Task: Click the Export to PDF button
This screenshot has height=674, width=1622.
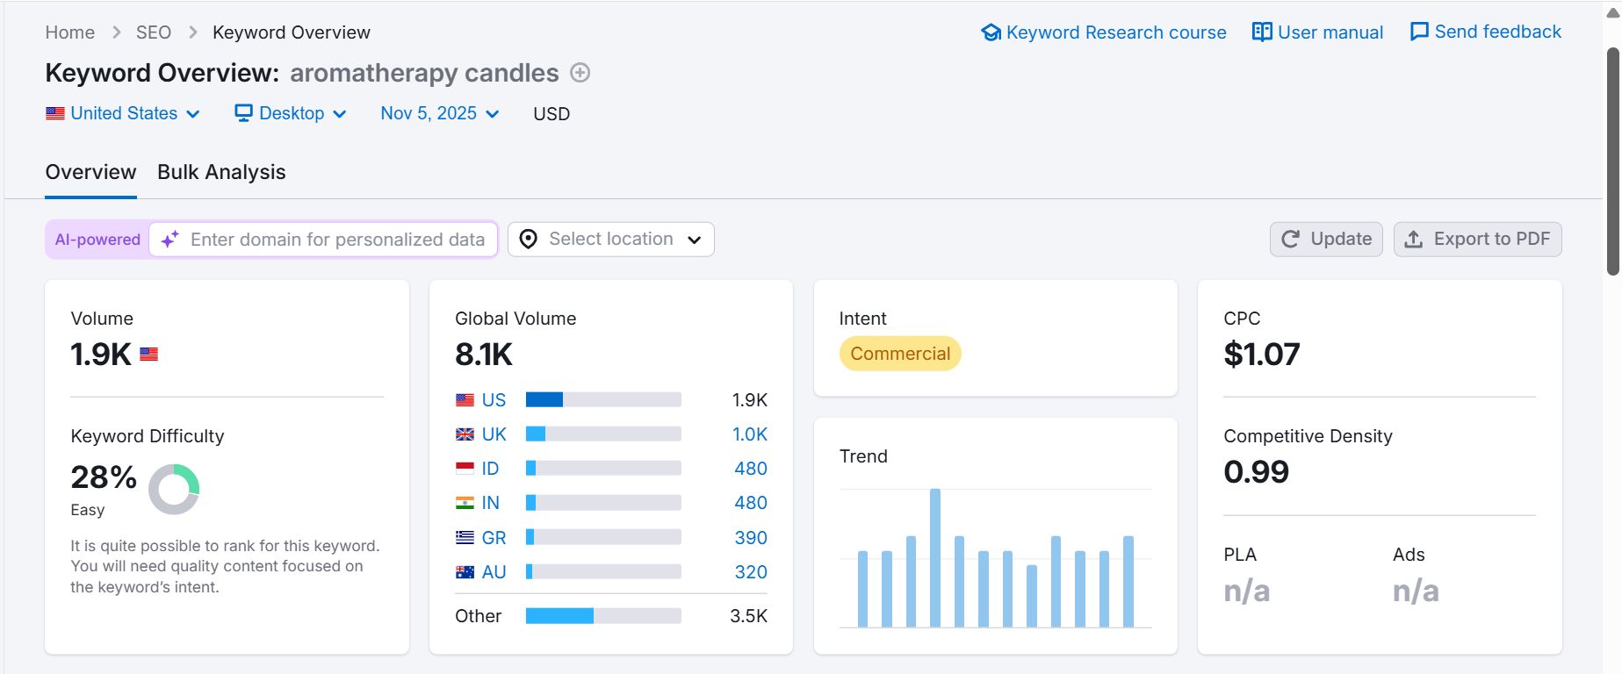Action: pos(1477,240)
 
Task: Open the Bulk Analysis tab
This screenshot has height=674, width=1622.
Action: pos(221,172)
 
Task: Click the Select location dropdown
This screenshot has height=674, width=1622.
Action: pos(611,240)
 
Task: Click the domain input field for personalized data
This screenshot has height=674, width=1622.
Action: pos(323,240)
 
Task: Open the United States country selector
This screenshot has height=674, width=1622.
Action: pos(123,113)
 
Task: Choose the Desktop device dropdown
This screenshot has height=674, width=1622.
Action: pos(291,113)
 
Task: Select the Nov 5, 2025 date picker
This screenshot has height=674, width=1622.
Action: pos(440,113)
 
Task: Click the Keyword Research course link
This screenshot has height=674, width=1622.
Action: pos(1104,32)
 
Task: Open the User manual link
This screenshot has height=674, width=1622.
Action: pos(1317,32)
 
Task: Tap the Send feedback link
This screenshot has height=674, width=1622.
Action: pos(1486,32)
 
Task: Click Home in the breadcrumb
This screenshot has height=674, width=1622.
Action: pos(70,32)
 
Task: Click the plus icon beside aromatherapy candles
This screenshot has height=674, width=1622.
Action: pos(580,73)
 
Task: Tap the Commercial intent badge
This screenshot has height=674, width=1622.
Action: pos(900,354)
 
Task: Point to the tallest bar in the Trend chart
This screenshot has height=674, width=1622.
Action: pos(935,558)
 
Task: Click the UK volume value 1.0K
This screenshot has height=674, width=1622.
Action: pos(750,434)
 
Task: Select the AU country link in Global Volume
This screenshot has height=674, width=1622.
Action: pos(494,572)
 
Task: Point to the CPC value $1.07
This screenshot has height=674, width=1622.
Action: pos(1262,354)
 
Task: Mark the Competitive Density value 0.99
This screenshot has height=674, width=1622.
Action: pos(1257,472)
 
